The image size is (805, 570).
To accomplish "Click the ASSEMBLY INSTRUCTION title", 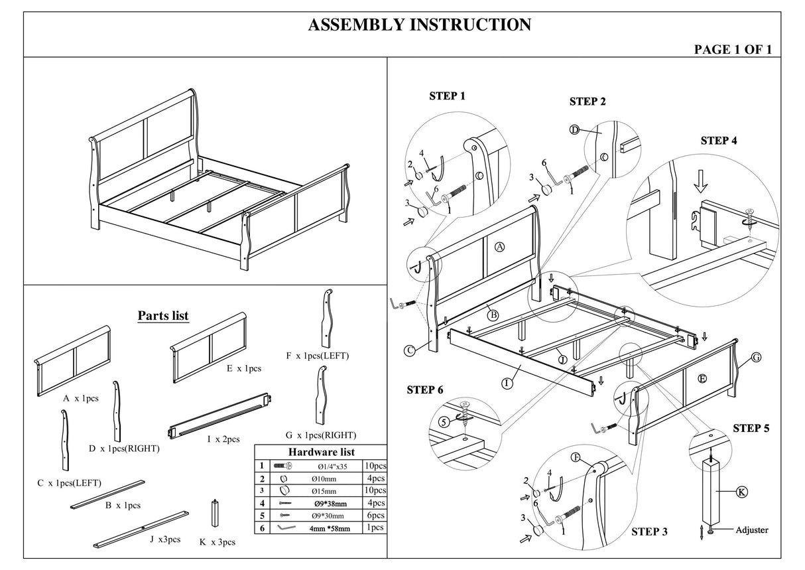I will [419, 25].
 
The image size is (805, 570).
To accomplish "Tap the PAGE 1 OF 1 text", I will [732, 50].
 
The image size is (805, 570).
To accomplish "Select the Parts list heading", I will [162, 316].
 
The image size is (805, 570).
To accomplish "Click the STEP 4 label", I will [719, 141].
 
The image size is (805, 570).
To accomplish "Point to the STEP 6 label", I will [424, 390].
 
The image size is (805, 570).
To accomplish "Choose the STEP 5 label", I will [751, 428].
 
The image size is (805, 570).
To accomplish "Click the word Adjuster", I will [753, 530].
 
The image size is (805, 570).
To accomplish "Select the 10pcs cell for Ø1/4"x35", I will [375, 465].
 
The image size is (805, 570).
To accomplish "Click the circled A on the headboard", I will [500, 247].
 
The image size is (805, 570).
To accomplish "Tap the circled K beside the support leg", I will [742, 492].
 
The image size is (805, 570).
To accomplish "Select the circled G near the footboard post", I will [755, 358].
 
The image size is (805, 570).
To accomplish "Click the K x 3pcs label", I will [217, 542].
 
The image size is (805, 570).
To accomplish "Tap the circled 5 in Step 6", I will [444, 421].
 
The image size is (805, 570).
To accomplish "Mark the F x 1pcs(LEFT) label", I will [318, 356].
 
